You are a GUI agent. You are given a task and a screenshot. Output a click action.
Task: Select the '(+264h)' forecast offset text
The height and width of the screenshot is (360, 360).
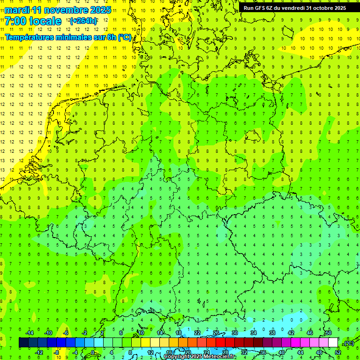click(x=83, y=21)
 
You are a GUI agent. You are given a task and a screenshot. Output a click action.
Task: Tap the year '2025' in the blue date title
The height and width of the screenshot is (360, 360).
click(x=99, y=10)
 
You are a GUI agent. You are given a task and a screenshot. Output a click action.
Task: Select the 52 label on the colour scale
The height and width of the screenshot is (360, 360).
click(x=338, y=352)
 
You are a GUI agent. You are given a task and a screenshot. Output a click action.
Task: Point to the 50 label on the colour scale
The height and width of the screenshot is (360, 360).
click(x=329, y=333)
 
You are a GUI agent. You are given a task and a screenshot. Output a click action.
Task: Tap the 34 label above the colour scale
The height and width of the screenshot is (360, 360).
click(x=253, y=333)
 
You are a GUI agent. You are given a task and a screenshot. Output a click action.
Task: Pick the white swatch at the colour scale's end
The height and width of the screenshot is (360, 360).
click(x=333, y=343)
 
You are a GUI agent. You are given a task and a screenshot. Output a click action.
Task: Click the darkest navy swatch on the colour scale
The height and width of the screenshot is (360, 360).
click(x=23, y=343)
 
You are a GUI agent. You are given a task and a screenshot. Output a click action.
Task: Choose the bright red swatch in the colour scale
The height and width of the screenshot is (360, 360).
click(x=221, y=343)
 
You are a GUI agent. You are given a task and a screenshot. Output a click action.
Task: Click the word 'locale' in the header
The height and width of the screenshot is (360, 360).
click(x=45, y=21)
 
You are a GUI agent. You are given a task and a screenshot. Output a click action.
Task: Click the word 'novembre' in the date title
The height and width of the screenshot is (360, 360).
click(x=63, y=10)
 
